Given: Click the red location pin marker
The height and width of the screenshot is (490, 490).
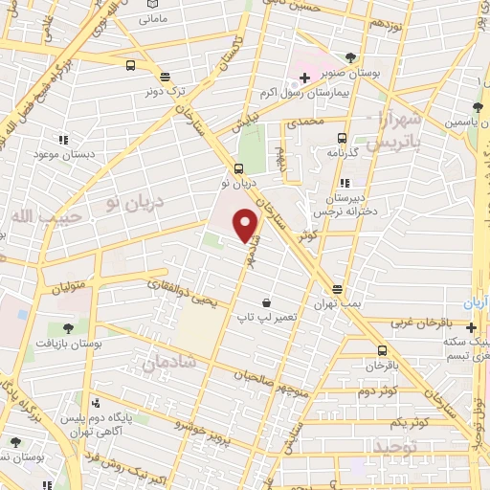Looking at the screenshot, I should tap(247, 224).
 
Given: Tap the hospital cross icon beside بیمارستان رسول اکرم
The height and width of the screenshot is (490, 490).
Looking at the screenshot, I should tap(304, 78).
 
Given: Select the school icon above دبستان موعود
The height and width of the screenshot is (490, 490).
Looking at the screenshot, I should tap(62, 140).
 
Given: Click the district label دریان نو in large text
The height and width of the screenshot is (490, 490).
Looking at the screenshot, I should tap(134, 202).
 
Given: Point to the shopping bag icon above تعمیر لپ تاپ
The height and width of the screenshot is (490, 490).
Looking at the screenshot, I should tap(278, 301).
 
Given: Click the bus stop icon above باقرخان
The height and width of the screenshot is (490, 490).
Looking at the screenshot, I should tap(383, 350).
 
